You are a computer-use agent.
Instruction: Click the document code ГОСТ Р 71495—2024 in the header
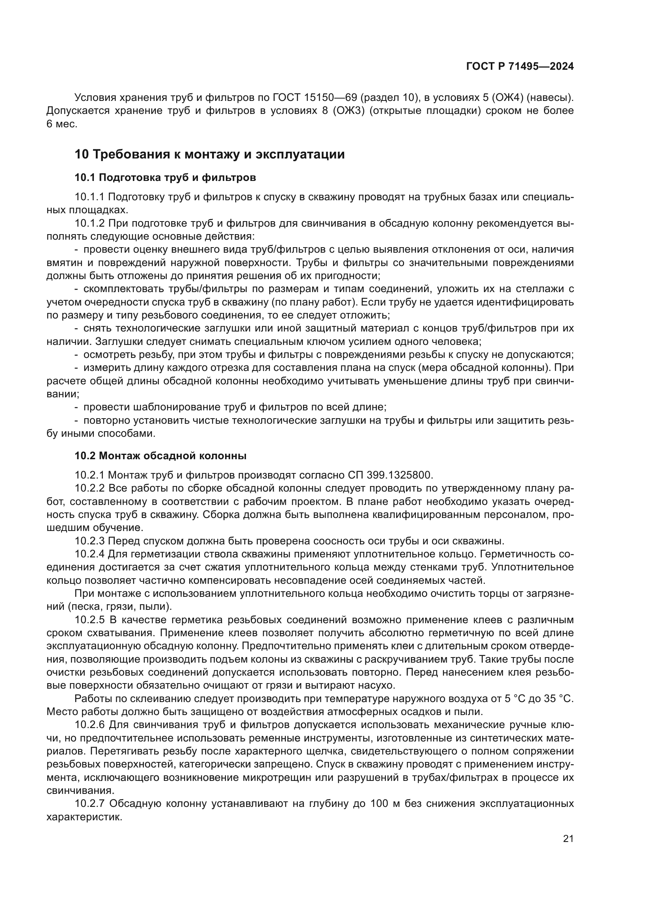coord(520,67)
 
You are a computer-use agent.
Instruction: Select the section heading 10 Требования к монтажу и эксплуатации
coord(210,154)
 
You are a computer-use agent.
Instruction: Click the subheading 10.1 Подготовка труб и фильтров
coord(165,177)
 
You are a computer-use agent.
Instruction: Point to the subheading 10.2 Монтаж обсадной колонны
coord(160,456)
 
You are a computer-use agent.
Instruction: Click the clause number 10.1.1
coord(89,197)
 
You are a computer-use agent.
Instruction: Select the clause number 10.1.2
coord(89,223)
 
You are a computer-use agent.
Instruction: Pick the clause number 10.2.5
coord(89,620)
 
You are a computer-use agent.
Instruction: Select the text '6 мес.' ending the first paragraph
coord(61,124)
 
